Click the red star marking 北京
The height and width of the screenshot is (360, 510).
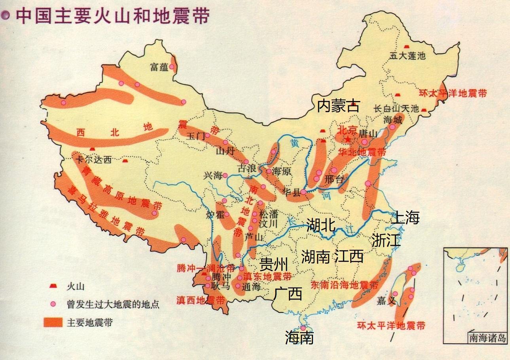coord(347,139)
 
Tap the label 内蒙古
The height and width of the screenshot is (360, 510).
coord(339,106)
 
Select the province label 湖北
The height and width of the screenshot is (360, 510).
coord(321,225)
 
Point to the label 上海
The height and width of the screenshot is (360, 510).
coord(405,217)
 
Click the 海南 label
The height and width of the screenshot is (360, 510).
coord(300,337)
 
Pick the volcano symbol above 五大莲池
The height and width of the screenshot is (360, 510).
coord(406,47)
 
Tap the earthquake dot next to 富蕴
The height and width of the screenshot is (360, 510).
coord(172,67)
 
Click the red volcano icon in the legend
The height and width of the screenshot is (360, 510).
coord(52,286)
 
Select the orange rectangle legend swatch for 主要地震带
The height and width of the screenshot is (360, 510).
coord(53,322)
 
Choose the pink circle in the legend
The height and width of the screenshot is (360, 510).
coord(52,304)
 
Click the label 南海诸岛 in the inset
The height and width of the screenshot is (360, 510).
coord(487,338)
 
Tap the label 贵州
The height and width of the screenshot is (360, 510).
coord(273,263)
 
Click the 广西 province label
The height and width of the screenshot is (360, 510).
coord(288,293)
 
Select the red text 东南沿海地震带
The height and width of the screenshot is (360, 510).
coord(344,285)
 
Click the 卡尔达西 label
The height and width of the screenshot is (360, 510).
coord(93,160)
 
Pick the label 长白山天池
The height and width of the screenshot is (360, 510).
coord(396,108)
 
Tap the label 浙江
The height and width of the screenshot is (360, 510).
coord(386,240)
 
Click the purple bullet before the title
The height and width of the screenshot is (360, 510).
coord(6,15)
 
